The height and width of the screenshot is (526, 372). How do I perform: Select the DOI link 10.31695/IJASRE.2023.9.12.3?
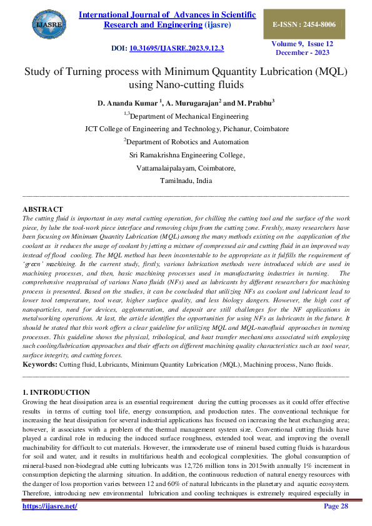coord(176,48)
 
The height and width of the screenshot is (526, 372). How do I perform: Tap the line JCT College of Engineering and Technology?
coord(186,129)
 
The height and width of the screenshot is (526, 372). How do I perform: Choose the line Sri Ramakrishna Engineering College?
coord(186,155)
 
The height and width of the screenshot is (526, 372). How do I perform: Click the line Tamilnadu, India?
coord(186,181)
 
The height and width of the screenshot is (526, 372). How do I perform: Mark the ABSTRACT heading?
coord(43,209)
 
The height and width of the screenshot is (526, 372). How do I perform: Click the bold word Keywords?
coord(39,364)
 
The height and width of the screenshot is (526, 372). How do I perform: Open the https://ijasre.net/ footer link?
coord(49,506)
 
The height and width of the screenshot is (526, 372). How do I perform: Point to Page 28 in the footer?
coord(336,506)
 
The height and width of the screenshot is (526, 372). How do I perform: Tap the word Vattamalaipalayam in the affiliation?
coord(164,168)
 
